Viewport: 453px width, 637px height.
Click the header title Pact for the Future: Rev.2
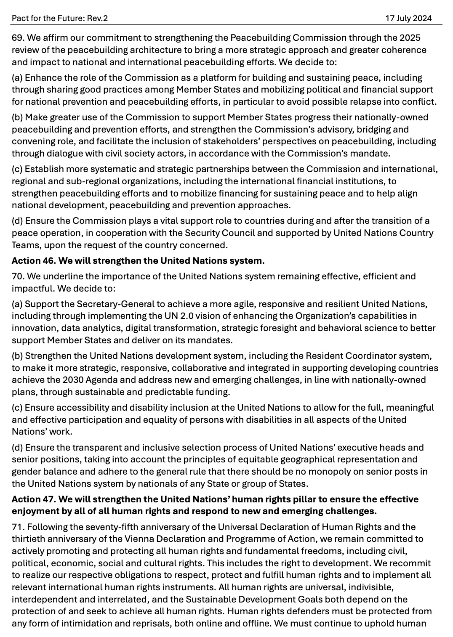click(x=60, y=18)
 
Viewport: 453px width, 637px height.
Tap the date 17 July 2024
click(x=408, y=18)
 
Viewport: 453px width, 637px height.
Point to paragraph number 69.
click(x=17, y=38)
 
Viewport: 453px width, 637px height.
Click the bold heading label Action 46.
click(x=33, y=261)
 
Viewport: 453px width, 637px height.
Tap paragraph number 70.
click(x=17, y=276)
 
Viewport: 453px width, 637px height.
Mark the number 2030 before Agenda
click(x=73, y=380)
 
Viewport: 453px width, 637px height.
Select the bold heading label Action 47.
click(x=33, y=499)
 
